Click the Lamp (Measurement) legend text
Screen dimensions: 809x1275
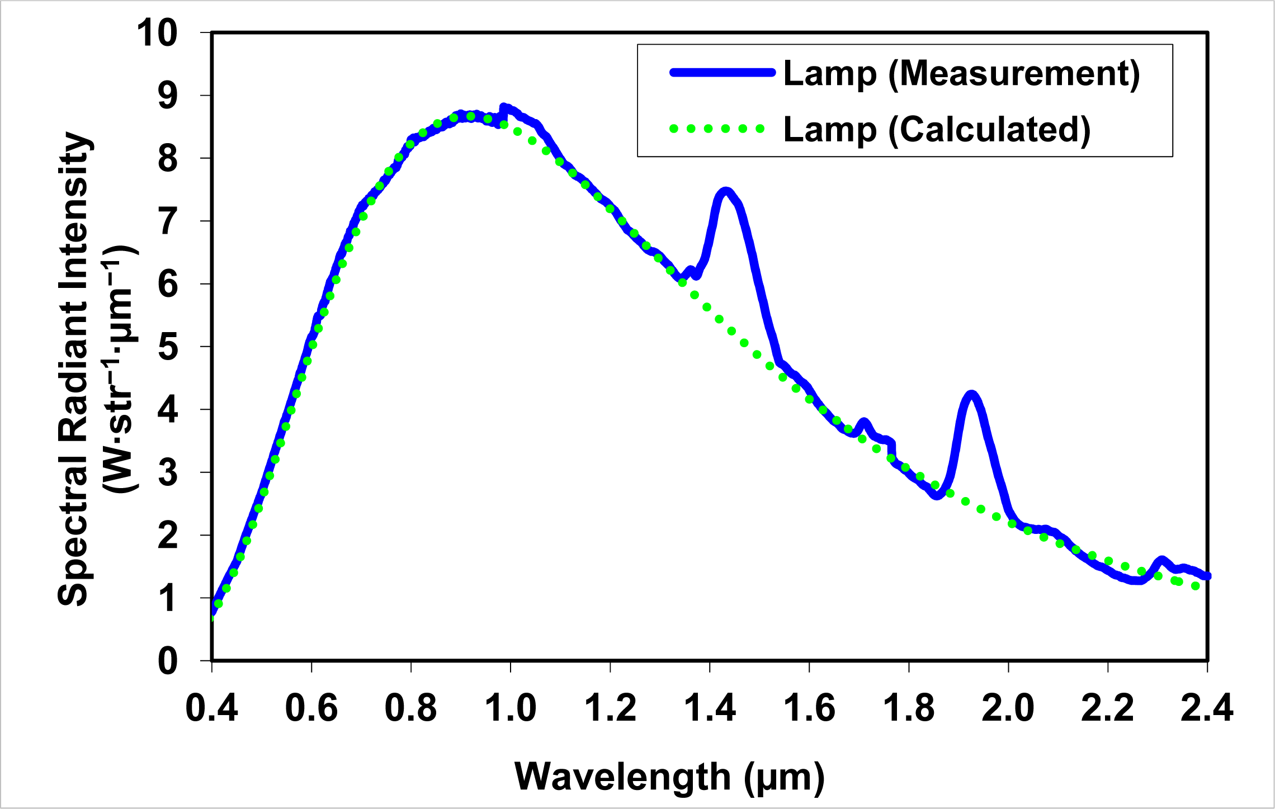pos(961,73)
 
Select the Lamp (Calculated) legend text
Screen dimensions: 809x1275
pos(937,130)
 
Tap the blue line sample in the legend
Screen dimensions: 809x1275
pos(722,72)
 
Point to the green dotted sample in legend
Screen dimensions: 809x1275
pos(717,129)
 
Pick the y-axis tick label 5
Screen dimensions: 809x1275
pos(168,347)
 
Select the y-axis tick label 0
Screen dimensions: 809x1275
pos(168,661)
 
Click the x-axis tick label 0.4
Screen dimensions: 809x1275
pos(211,708)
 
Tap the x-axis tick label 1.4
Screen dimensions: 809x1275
pos(710,708)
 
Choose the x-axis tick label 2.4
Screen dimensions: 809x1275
pos(1207,708)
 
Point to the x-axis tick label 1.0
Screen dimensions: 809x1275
pos(510,708)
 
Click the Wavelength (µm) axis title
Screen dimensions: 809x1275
pos(669,777)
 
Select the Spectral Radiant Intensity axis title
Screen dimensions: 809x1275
pos(74,369)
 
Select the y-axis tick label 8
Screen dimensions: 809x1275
pos(168,159)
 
